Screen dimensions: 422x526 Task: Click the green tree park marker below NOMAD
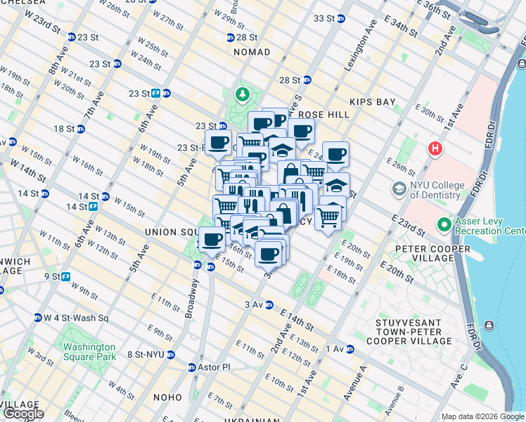[243, 94]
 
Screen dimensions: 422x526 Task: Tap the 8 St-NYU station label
[146, 354]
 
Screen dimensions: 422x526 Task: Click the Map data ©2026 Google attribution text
[482, 416]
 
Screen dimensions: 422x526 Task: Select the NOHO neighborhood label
[167, 397]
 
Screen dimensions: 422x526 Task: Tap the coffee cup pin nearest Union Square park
[211, 239]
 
